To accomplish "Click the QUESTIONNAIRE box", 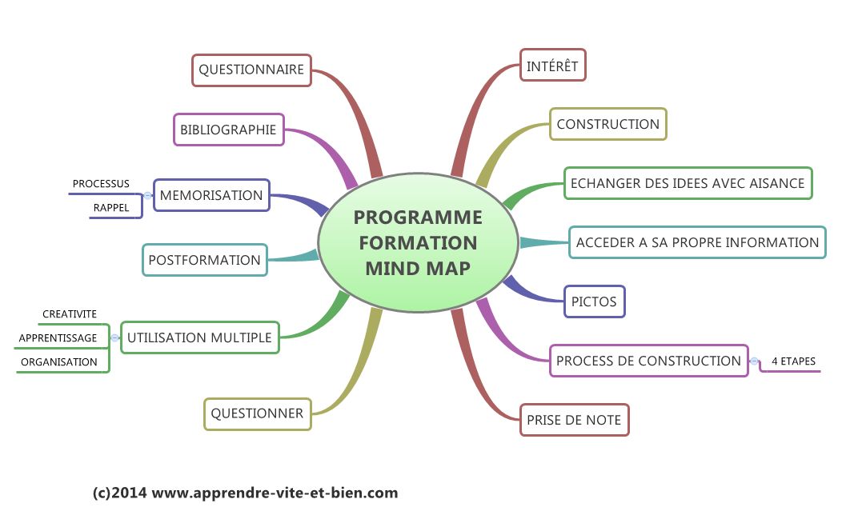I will click(251, 70).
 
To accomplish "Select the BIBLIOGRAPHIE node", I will click(228, 130).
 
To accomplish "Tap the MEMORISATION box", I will click(211, 195).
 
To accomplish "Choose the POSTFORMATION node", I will click(204, 260).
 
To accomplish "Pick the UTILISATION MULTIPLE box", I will click(199, 337).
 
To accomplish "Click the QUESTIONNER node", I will click(257, 413).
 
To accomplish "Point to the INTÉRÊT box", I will click(552, 66).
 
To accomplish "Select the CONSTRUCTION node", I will click(607, 124).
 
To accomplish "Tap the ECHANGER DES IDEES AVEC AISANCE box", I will click(687, 183).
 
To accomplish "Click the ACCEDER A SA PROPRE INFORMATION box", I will click(697, 242).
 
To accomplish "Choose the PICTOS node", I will click(594, 301).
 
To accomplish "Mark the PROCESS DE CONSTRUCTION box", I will click(648, 361).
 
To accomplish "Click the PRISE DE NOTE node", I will click(574, 419).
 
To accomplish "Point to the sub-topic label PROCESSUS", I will click(101, 184).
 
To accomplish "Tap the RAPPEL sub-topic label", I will click(111, 207).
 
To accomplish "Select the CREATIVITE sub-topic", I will click(70, 314).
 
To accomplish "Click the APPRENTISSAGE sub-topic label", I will click(58, 337).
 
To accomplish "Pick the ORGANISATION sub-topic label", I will click(59, 361).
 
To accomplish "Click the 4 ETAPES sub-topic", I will click(793, 361).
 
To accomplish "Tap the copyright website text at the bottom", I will click(245, 493).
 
